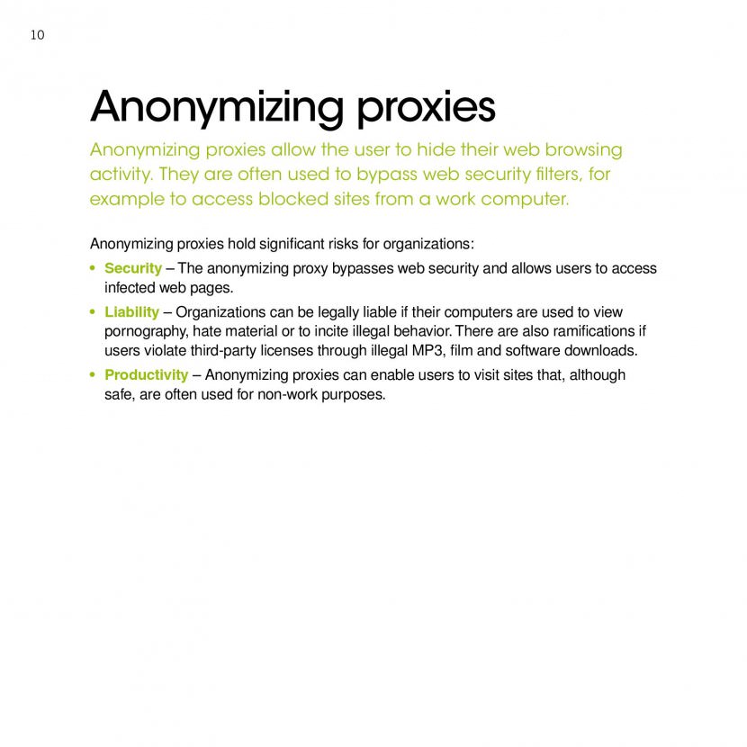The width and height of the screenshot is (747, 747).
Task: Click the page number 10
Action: pyautogui.click(x=37, y=35)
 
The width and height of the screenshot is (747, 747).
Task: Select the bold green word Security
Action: pyautogui.click(x=133, y=268)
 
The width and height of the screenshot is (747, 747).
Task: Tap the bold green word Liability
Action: pyautogui.click(x=131, y=311)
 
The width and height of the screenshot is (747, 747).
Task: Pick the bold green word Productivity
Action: pyautogui.click(x=147, y=374)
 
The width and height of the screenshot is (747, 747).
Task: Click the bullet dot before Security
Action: pyautogui.click(x=94, y=268)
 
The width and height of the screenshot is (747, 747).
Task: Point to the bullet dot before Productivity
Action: pyautogui.click(x=94, y=374)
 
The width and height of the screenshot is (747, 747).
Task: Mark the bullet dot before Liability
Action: pyautogui.click(x=94, y=311)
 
